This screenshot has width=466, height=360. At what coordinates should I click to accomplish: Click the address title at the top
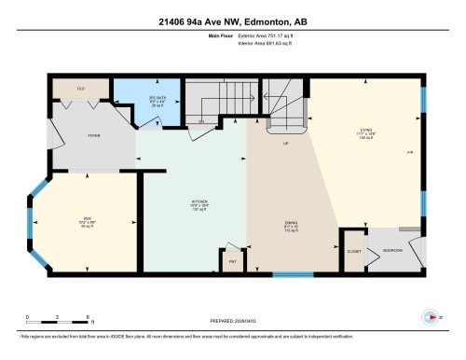click(x=232, y=21)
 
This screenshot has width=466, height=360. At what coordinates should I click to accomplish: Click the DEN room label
click(x=86, y=223)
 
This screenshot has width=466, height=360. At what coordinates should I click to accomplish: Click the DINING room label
click(x=291, y=224)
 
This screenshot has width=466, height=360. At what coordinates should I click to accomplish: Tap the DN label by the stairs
click(x=199, y=120)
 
